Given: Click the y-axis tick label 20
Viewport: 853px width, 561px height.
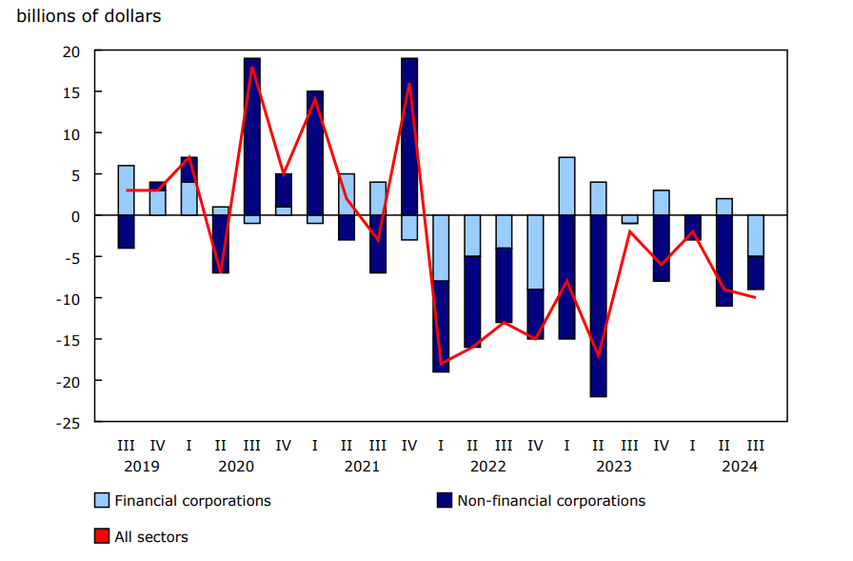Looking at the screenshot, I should (x=71, y=50).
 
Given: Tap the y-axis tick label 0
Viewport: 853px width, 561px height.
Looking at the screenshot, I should (x=76, y=215).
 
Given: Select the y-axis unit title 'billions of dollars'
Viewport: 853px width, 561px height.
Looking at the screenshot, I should (x=89, y=16).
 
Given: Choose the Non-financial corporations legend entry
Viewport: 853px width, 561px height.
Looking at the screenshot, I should (x=550, y=500).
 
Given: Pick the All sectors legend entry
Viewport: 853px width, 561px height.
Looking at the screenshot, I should (x=150, y=536).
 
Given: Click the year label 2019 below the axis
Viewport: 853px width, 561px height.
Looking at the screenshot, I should (x=141, y=466).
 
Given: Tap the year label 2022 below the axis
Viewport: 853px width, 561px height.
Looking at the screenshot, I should (x=487, y=466).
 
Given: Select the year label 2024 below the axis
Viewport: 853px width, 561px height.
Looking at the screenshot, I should (x=740, y=466).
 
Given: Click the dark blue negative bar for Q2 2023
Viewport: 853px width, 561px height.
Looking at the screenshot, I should (x=598, y=306).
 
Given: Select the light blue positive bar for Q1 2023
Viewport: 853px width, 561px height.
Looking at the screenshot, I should (x=566, y=186).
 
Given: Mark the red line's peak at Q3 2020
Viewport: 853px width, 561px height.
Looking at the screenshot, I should (x=252, y=67).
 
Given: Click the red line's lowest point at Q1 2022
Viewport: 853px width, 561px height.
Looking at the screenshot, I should (x=441, y=364).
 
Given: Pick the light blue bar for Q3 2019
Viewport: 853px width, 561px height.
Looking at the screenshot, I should (x=127, y=190).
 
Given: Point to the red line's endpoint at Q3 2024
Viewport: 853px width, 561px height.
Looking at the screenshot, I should (x=755, y=297).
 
